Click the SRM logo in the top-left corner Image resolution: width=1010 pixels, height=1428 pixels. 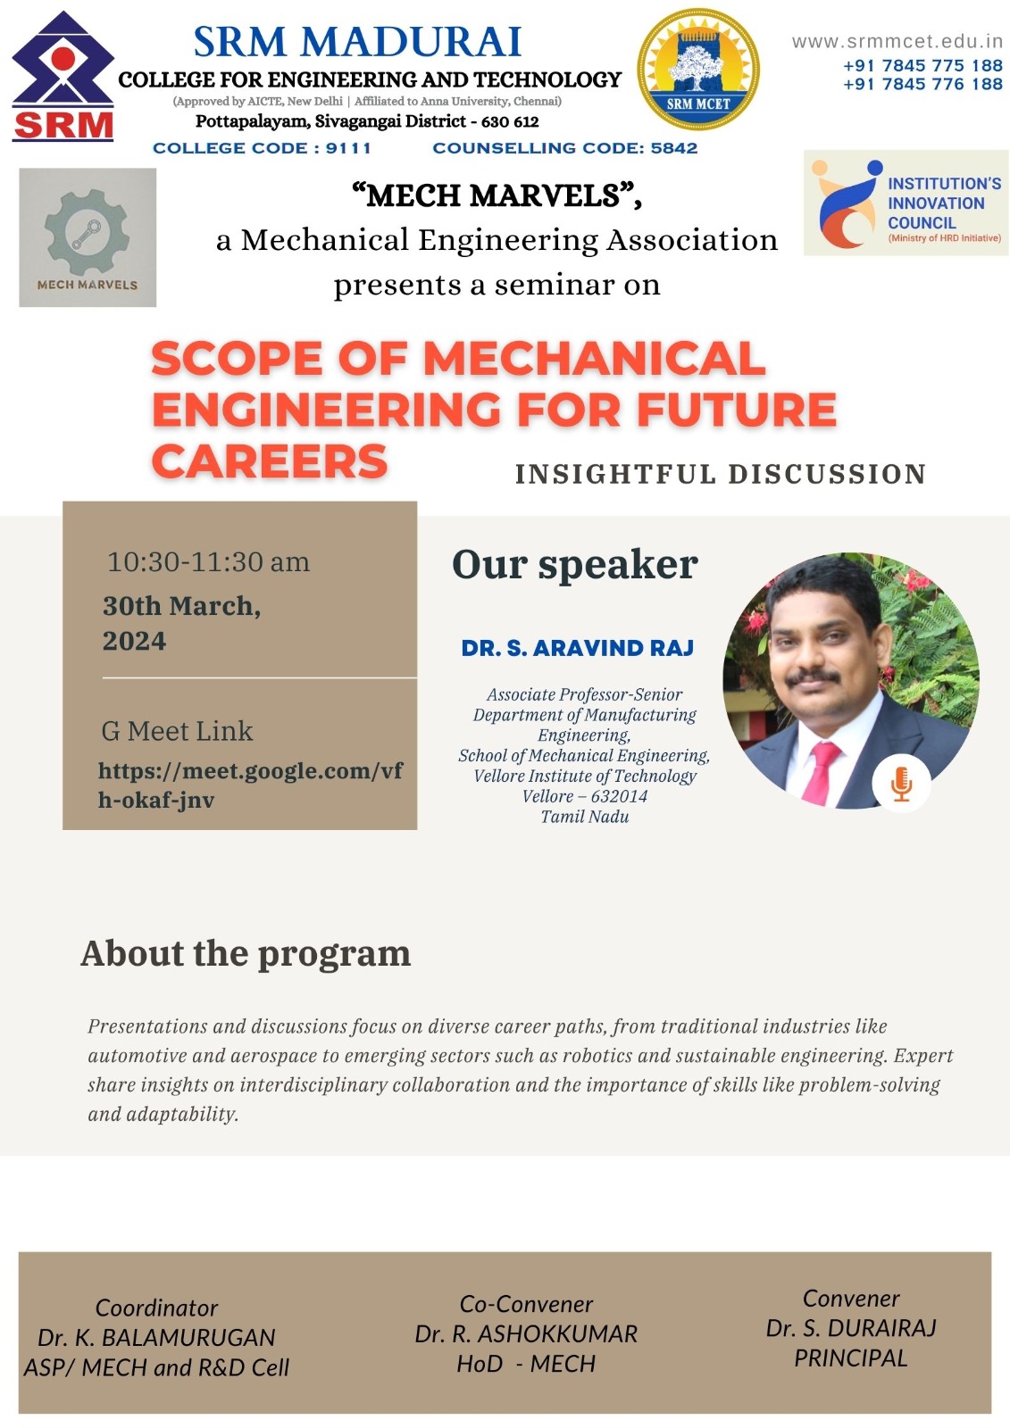point(63,78)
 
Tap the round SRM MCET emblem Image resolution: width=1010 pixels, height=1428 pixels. point(698,70)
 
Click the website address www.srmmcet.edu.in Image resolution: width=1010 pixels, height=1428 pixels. point(897,42)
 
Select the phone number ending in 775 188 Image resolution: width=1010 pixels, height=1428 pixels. point(922,66)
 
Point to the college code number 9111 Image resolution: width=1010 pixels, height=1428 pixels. point(347,148)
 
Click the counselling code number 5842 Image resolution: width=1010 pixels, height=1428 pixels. point(673,148)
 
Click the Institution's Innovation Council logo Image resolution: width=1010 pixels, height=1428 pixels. point(906,203)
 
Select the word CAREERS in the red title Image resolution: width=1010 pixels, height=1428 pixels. point(270,461)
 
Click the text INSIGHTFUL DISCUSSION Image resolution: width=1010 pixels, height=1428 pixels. point(721,474)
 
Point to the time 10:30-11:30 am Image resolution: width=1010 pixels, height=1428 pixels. point(208,562)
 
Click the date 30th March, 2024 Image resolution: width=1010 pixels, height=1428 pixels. point(181,623)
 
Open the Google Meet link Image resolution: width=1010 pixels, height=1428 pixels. point(249,785)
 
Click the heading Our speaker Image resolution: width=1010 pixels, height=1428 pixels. point(574,565)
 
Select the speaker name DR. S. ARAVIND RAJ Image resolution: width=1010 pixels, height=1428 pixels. point(577,649)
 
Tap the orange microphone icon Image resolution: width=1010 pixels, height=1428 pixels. point(901,784)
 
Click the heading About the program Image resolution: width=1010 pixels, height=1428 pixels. point(246,953)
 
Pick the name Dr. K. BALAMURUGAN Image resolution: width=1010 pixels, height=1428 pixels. point(156,1337)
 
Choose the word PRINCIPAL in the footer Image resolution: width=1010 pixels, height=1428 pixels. point(850,1357)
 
